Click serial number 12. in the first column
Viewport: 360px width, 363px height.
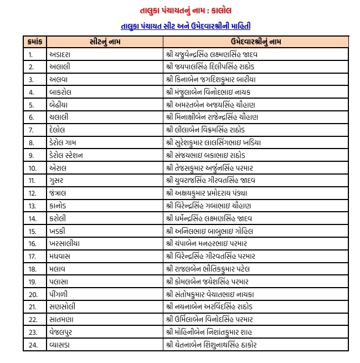32,193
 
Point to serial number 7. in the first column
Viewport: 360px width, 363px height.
31,130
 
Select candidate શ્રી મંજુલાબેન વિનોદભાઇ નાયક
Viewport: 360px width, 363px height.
211,91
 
